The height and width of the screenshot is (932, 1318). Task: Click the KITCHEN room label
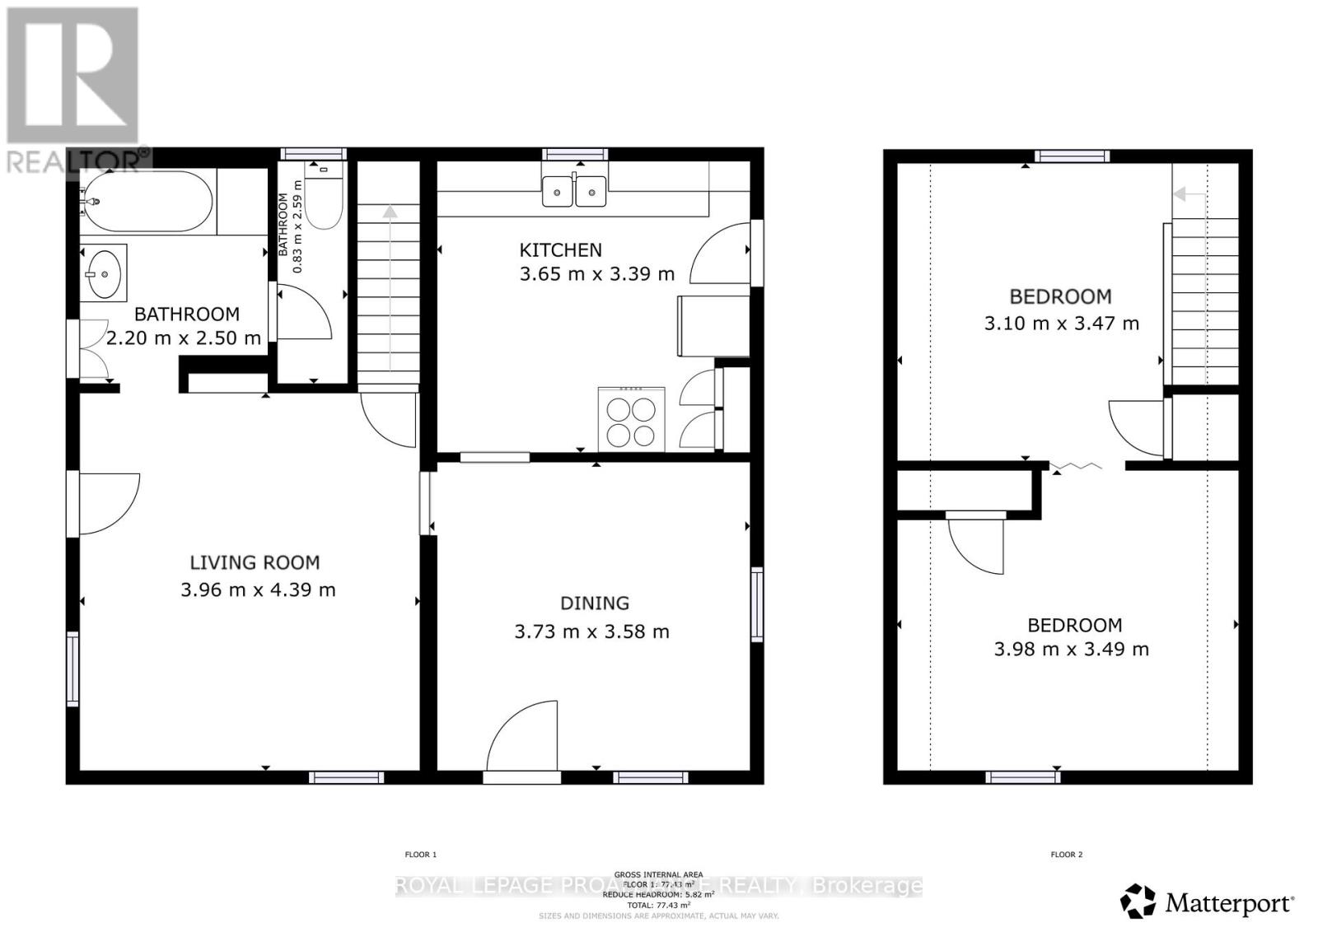point(560,249)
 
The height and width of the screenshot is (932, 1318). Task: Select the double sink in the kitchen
point(574,193)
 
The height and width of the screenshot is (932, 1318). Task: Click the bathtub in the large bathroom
point(148,202)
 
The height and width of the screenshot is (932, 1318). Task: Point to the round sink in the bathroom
point(105,273)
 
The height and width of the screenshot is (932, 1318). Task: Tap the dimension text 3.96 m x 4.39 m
point(258,589)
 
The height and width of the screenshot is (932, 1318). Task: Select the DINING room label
point(594,603)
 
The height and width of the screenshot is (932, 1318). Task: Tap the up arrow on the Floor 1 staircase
point(389,212)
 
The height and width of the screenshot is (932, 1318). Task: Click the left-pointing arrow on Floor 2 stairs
point(1180,194)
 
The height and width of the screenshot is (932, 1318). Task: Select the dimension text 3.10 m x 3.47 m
point(1061,324)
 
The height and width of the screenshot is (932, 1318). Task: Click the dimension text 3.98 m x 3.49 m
point(1071,649)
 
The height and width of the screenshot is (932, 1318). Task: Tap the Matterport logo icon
point(1138,901)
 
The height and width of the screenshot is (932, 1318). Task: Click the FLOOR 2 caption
point(1066,855)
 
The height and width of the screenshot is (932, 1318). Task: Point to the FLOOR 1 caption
point(420,855)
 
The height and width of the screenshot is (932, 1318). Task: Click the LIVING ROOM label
point(255,562)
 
